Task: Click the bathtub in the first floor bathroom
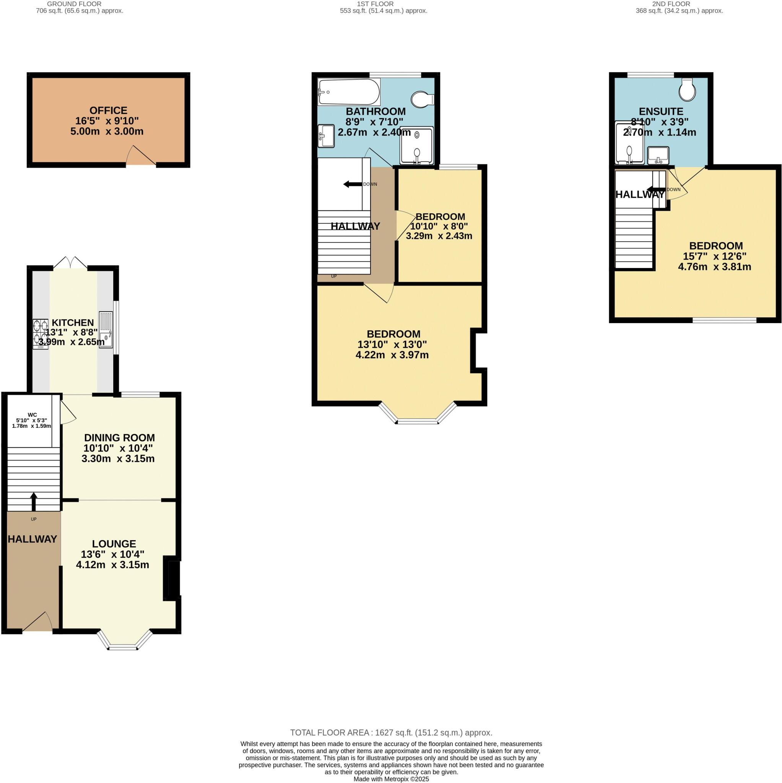pyautogui.click(x=349, y=92)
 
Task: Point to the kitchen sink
pyautogui.click(x=106, y=329)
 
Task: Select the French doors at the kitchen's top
pyautogui.click(x=70, y=263)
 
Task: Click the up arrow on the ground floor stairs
pyautogui.click(x=34, y=501)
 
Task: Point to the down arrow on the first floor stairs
pyautogui.click(x=353, y=184)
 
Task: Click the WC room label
pyautogui.click(x=32, y=414)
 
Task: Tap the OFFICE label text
pyautogui.click(x=108, y=110)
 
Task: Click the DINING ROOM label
pyautogui.click(x=119, y=438)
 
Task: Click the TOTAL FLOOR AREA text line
pyautogui.click(x=391, y=744)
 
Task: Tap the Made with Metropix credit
pyautogui.click(x=391, y=779)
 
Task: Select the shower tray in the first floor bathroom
pyautogui.click(x=416, y=146)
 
